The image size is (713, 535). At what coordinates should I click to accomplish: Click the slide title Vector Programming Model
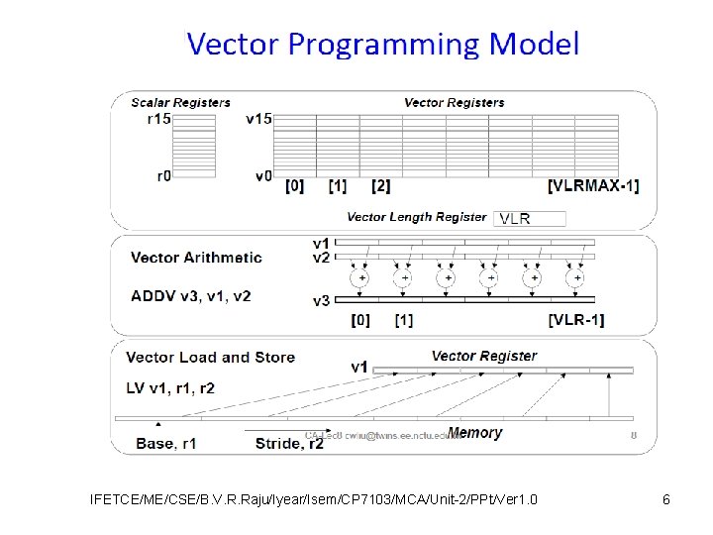(382, 45)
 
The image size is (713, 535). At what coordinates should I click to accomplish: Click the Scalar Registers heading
(181, 102)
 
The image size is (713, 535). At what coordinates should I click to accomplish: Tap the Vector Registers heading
(454, 102)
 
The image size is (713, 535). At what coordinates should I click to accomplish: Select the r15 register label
(158, 119)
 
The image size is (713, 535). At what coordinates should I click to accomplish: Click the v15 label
(258, 119)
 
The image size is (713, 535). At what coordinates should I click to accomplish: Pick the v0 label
(262, 175)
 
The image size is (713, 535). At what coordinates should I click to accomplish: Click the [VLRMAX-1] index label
(593, 185)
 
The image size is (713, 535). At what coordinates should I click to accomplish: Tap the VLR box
(529, 218)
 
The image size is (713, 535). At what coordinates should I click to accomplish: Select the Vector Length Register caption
(416, 217)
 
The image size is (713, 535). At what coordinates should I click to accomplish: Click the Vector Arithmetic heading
(196, 258)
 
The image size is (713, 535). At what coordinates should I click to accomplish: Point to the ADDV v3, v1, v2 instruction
(190, 294)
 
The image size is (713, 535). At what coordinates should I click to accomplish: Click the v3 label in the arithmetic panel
(322, 300)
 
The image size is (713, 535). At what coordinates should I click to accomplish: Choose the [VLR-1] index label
(575, 319)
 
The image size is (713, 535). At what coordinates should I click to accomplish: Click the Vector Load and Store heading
(211, 357)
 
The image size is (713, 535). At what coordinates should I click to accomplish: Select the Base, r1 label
(167, 444)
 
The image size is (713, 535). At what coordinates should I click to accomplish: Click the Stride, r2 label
(289, 444)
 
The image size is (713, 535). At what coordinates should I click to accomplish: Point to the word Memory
(474, 433)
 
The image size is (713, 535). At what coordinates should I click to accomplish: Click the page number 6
(666, 499)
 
